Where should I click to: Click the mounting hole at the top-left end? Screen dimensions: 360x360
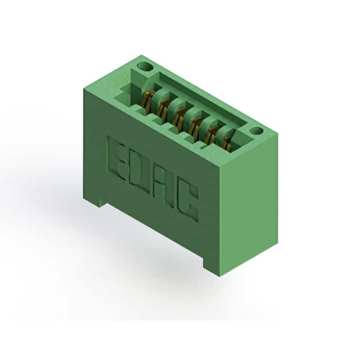145,67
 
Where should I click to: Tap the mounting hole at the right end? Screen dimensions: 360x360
256,131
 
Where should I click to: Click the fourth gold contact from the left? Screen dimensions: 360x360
196,126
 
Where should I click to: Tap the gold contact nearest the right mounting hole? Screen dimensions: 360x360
228,143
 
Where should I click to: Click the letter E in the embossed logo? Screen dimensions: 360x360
116,157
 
